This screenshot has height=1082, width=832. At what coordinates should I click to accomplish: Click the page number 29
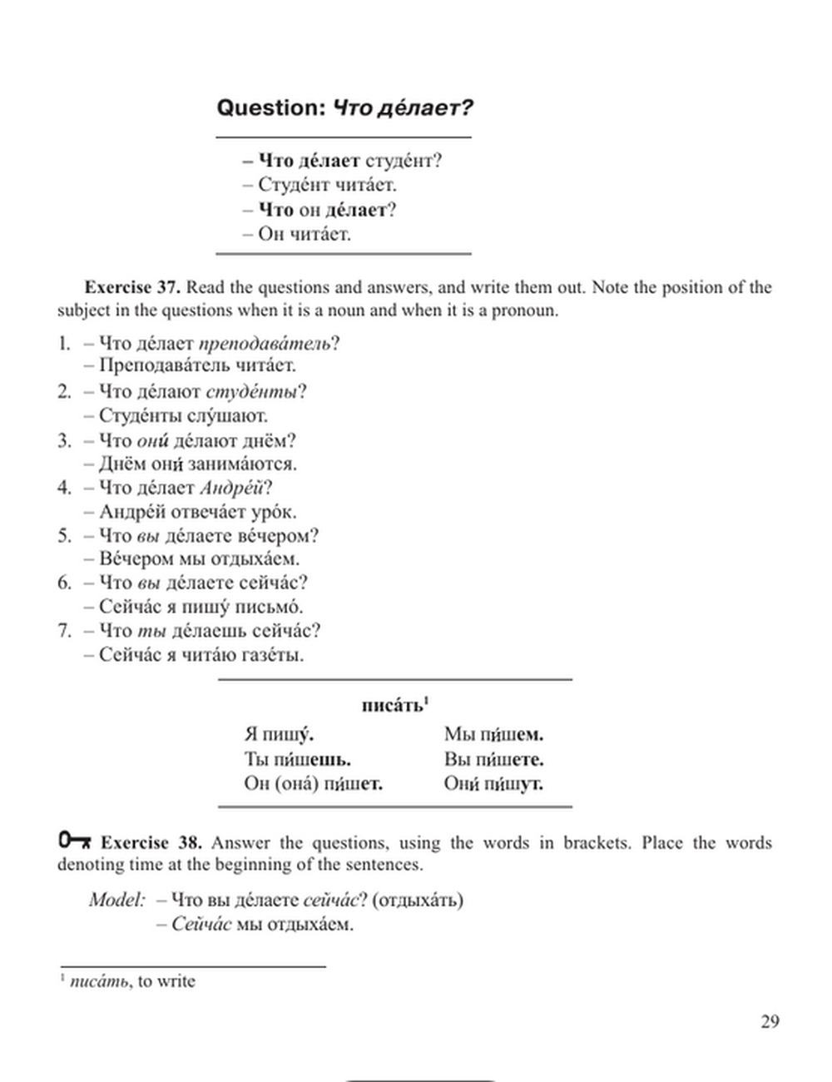(x=770, y=1021)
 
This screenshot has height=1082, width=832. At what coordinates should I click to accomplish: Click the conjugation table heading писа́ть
(x=393, y=706)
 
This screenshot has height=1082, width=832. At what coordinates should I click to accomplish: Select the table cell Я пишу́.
(x=279, y=734)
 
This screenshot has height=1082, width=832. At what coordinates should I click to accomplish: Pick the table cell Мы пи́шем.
(x=493, y=734)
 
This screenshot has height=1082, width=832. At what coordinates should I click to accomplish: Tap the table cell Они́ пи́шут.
(x=493, y=783)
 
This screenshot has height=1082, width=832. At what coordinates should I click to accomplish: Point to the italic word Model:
(x=117, y=900)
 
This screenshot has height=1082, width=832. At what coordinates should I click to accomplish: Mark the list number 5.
(x=65, y=535)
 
